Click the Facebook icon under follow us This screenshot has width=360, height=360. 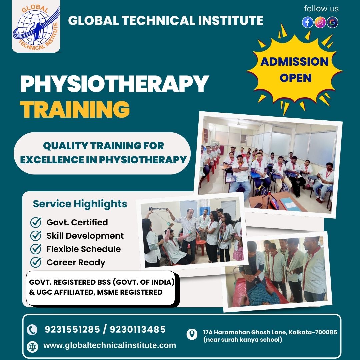point(308,22)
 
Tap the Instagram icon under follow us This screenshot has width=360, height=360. point(320,22)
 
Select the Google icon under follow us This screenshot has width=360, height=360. point(332,22)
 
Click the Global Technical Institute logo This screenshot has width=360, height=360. point(36,27)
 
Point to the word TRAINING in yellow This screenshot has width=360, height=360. point(75,109)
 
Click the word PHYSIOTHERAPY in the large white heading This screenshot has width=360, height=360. point(114,84)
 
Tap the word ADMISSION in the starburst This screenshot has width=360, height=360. point(294,62)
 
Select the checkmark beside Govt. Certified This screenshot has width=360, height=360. point(36,222)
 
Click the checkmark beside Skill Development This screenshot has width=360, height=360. point(36,236)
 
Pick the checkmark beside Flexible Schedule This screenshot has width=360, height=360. point(36,249)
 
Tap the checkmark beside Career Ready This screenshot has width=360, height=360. point(36,262)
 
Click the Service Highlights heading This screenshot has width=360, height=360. point(80,204)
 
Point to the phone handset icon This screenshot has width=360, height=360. point(32,330)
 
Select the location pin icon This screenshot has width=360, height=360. point(192,334)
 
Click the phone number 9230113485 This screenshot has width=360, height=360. point(138,330)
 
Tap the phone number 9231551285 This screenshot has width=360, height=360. point(72,330)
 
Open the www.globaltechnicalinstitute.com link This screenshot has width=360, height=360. point(110,345)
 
